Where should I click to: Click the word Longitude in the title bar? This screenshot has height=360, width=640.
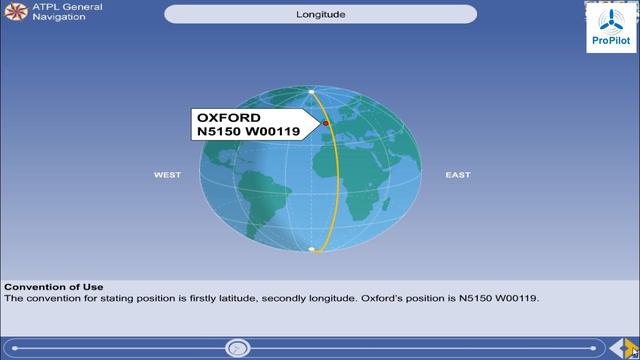[x=320, y=14]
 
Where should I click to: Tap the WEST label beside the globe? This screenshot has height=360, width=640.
[x=167, y=175]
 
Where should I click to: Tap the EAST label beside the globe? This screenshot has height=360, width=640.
[x=458, y=175]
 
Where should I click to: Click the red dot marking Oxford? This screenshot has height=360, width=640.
[x=326, y=124]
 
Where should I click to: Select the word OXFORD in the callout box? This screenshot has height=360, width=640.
[x=229, y=117]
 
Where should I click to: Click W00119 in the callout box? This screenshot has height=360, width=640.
[x=273, y=131]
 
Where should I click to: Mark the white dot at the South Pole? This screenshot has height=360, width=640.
[x=313, y=249]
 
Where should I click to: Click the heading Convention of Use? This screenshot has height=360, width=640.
[x=54, y=287]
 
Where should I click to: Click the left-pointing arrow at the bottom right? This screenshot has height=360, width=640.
[x=616, y=348]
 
